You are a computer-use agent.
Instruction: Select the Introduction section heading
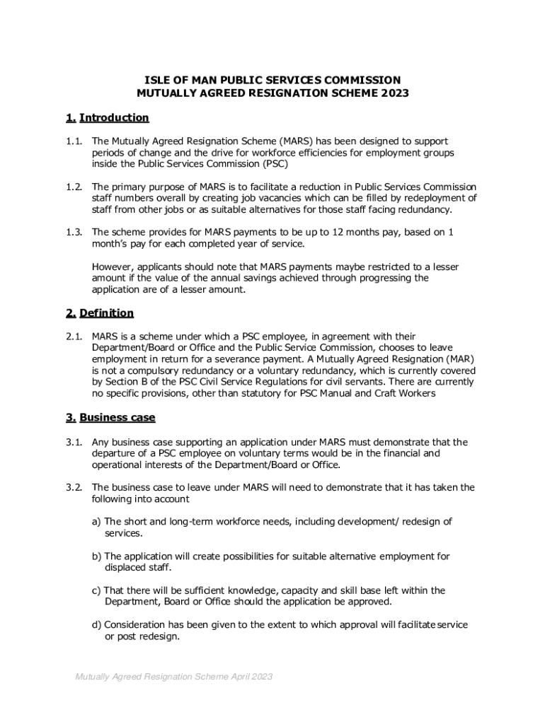pos(114,117)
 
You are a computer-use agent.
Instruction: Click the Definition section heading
pos(106,313)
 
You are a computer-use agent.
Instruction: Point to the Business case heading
pos(117,417)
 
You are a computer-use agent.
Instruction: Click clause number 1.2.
pos(73,187)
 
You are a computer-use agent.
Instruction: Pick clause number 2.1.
pos(73,337)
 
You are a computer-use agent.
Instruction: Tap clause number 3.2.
pos(73,487)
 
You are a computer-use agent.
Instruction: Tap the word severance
pos(262,359)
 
